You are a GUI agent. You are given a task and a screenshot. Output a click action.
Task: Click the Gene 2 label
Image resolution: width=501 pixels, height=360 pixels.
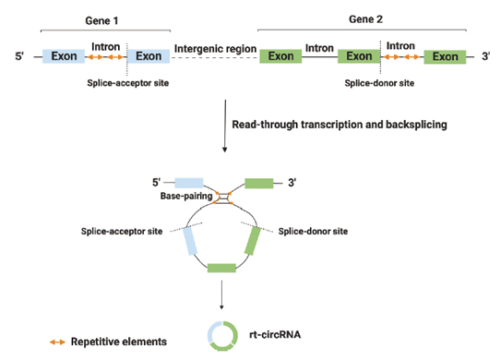[x=365, y=18]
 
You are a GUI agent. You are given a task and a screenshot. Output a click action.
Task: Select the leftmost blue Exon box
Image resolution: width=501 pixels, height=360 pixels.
[x=64, y=56]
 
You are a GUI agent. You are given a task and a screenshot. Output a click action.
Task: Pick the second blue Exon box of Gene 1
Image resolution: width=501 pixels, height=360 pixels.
[x=148, y=56]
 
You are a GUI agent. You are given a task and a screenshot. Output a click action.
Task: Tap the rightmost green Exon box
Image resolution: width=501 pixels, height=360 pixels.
[x=446, y=56]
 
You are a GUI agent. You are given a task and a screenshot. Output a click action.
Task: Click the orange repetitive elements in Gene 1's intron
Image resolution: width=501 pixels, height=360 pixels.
[x=105, y=57]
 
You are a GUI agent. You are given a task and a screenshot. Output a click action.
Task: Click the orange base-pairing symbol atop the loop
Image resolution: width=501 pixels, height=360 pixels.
[x=223, y=196]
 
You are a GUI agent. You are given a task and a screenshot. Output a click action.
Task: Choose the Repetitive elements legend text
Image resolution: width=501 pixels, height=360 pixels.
[x=120, y=341]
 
